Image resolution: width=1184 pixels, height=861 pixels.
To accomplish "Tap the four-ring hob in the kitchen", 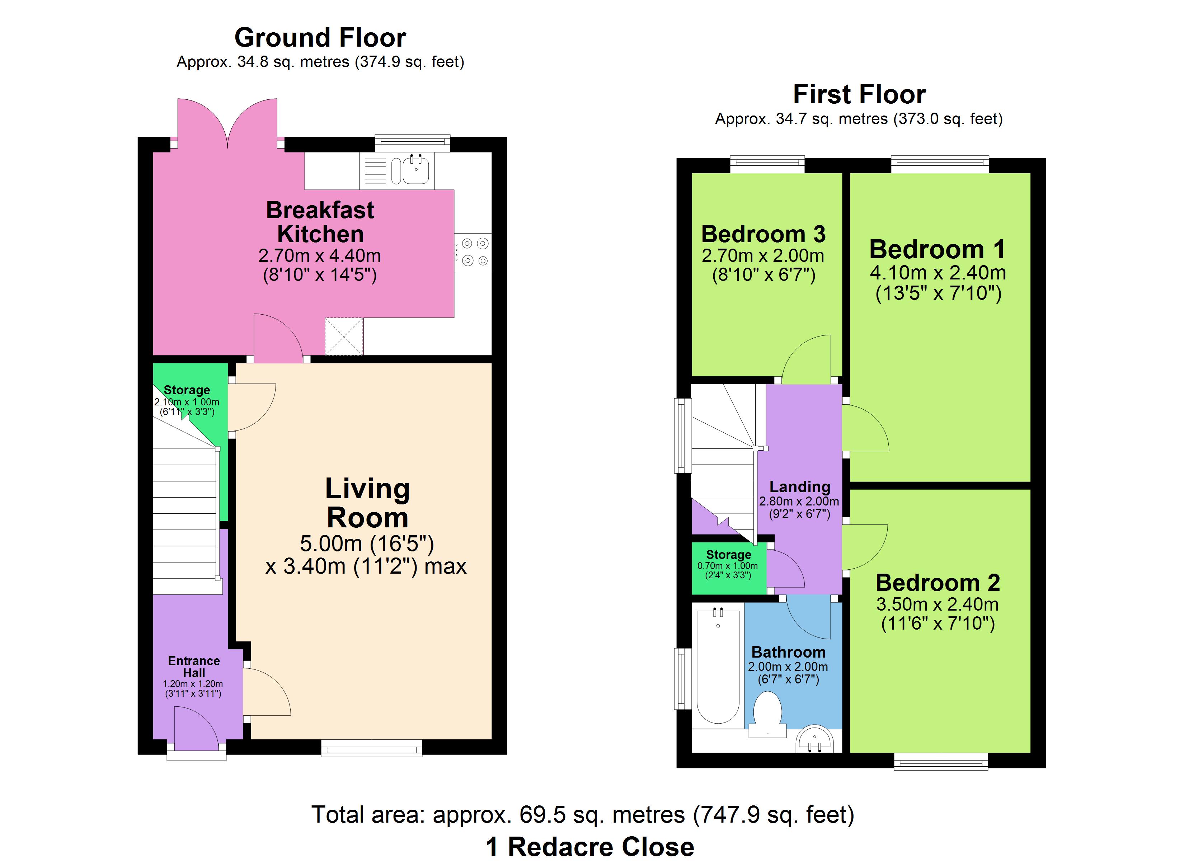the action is [x=473, y=252].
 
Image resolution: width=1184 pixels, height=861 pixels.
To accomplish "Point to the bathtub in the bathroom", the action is [x=718, y=667].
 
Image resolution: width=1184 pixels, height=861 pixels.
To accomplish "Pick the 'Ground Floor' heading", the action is [x=320, y=38].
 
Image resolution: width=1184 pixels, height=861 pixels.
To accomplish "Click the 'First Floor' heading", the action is [x=859, y=94].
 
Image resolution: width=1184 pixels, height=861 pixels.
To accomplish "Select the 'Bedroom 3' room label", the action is [x=763, y=234].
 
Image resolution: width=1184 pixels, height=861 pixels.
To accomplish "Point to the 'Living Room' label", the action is [x=367, y=503].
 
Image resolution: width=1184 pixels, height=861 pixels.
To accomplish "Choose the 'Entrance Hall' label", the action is [x=194, y=667].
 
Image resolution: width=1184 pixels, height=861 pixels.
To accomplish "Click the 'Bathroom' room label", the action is [x=788, y=652].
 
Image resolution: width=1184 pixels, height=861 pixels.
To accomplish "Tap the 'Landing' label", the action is [x=800, y=486].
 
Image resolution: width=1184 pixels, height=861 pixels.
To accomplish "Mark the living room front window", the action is [x=371, y=748].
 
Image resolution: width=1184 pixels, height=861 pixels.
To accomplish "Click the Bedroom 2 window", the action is [x=941, y=761].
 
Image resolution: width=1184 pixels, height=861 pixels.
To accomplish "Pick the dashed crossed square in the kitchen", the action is [x=344, y=336].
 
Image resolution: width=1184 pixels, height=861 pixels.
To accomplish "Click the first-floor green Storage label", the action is [x=728, y=555].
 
